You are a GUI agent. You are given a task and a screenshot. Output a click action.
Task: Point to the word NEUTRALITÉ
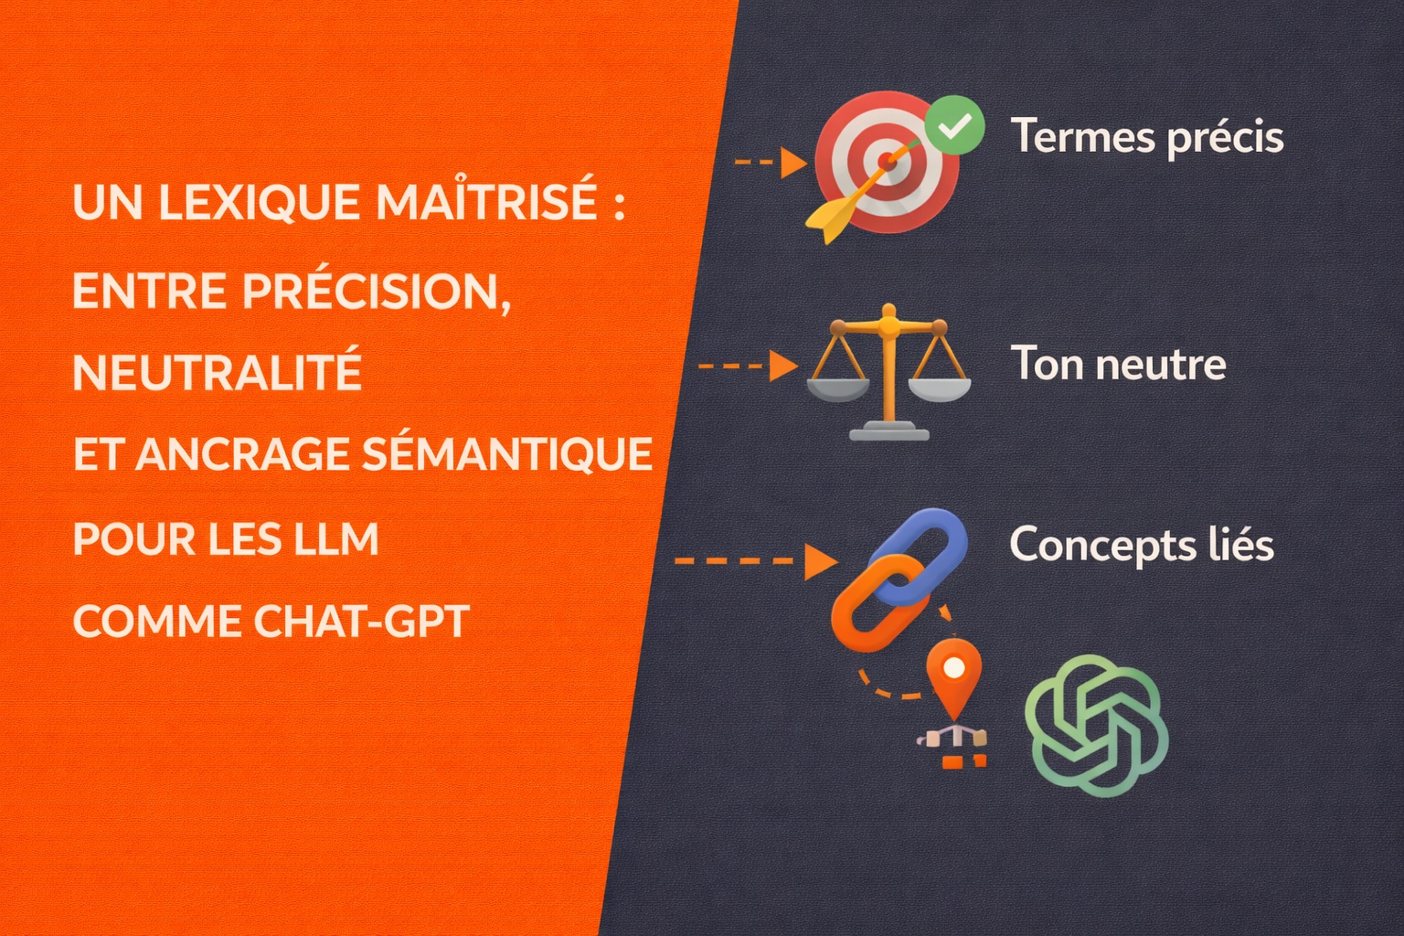click(x=217, y=373)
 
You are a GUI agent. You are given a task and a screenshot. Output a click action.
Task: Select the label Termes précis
click(x=1146, y=137)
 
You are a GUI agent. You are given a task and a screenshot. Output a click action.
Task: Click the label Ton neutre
click(x=1118, y=364)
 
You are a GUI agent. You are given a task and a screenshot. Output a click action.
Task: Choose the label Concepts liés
click(x=1141, y=545)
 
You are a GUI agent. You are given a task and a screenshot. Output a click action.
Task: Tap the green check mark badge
click(x=954, y=127)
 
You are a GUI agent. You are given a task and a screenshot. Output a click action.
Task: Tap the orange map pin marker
click(x=953, y=675)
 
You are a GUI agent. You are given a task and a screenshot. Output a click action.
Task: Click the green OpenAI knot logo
click(x=1096, y=725)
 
